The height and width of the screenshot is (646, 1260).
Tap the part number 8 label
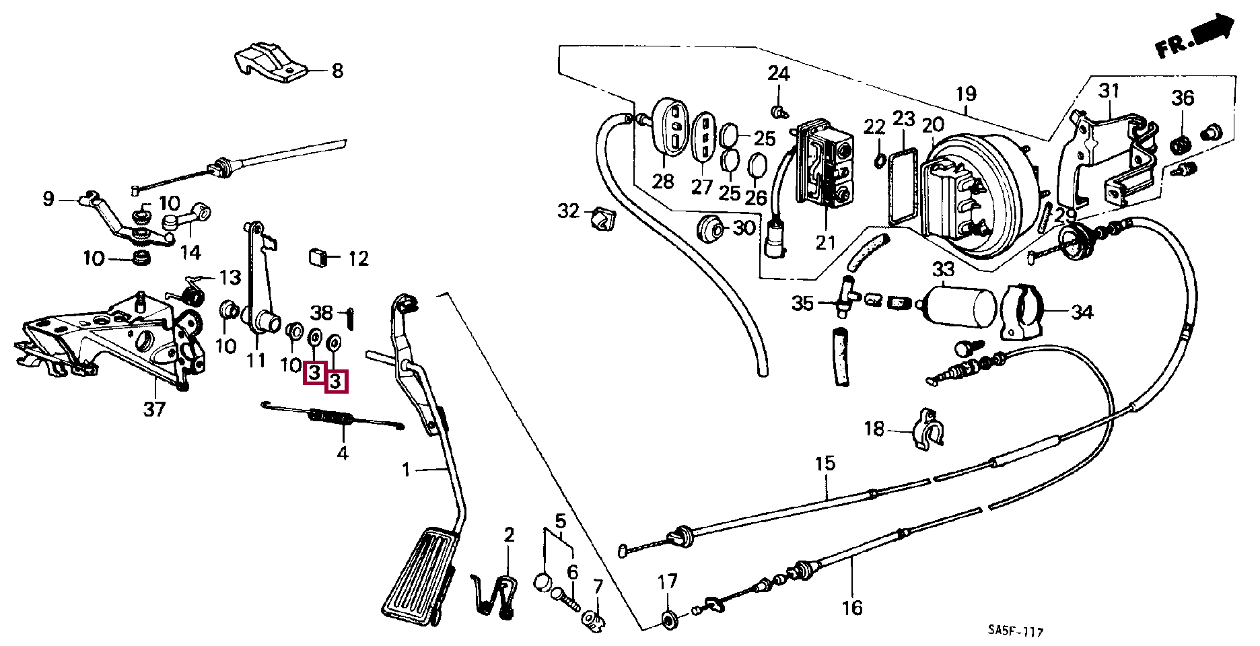(x=337, y=70)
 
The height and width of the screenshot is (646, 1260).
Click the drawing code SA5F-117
(x=1016, y=632)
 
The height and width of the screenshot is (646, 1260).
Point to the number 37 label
(x=154, y=409)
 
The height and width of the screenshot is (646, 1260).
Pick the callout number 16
(x=851, y=608)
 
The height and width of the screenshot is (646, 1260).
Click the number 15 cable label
(x=825, y=463)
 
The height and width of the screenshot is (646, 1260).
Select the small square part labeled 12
(x=318, y=257)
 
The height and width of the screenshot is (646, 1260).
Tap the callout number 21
(x=825, y=242)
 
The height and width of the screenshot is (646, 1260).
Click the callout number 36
(x=1183, y=98)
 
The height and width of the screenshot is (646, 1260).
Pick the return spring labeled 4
(x=332, y=419)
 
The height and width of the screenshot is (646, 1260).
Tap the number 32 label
(x=568, y=212)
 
